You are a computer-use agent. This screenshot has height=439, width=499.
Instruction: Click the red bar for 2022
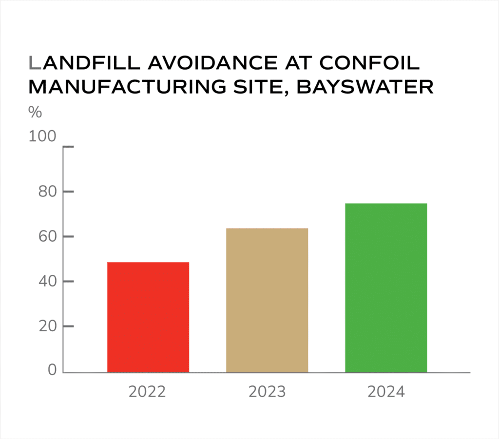(148, 317)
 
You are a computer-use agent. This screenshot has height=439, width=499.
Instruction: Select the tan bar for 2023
(267, 300)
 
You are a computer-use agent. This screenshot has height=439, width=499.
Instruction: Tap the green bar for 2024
(386, 287)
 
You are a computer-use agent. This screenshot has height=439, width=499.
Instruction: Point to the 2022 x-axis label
(147, 392)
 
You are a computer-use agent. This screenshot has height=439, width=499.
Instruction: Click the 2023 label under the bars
(267, 392)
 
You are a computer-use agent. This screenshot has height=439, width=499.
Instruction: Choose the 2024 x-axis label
(386, 392)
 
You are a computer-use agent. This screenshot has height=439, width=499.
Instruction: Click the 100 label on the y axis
(43, 136)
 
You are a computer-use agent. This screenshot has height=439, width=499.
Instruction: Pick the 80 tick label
(47, 191)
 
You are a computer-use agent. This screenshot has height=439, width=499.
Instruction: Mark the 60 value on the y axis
(47, 237)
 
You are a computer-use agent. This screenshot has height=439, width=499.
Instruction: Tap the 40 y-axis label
(47, 282)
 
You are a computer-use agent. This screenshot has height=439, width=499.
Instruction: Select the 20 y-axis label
(47, 326)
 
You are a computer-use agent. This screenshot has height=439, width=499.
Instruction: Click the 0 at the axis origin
(52, 371)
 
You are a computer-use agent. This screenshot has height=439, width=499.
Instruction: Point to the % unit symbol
(35, 113)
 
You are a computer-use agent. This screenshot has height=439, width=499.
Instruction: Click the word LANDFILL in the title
(73, 63)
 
